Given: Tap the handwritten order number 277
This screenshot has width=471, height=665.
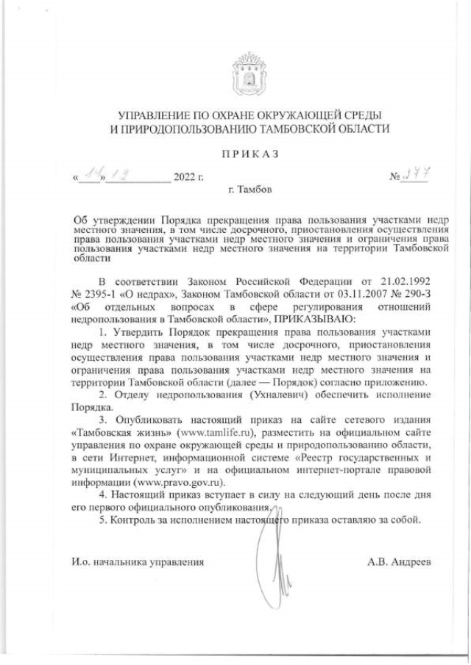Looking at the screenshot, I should click(417, 173).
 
